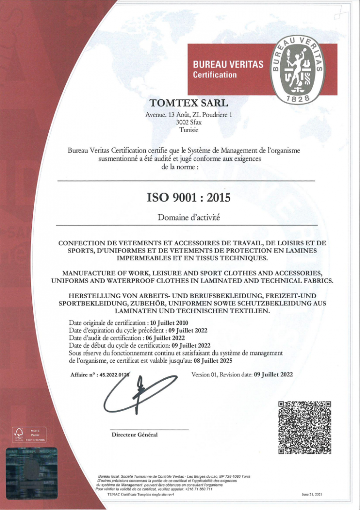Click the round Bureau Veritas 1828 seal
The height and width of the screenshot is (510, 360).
[x=298, y=69]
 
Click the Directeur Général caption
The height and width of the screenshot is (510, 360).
[x=135, y=435]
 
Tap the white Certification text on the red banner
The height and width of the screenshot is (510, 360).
[x=215, y=75]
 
